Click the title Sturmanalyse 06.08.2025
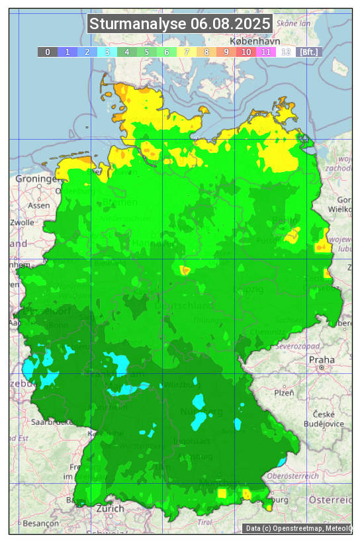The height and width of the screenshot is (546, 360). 180,24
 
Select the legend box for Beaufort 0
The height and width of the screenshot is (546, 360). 48,52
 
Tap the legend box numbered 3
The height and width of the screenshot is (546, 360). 107,52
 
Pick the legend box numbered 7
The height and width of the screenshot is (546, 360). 187,52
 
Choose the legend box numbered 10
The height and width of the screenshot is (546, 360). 246,52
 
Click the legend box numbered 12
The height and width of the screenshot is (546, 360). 286,52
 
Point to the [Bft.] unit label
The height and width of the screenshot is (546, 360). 308,52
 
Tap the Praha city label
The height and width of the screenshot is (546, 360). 322,359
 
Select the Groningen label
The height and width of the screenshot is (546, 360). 38,179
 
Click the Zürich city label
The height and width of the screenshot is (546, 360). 110,508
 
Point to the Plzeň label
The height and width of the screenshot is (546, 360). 284,392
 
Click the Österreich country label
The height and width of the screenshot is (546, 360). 333,498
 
